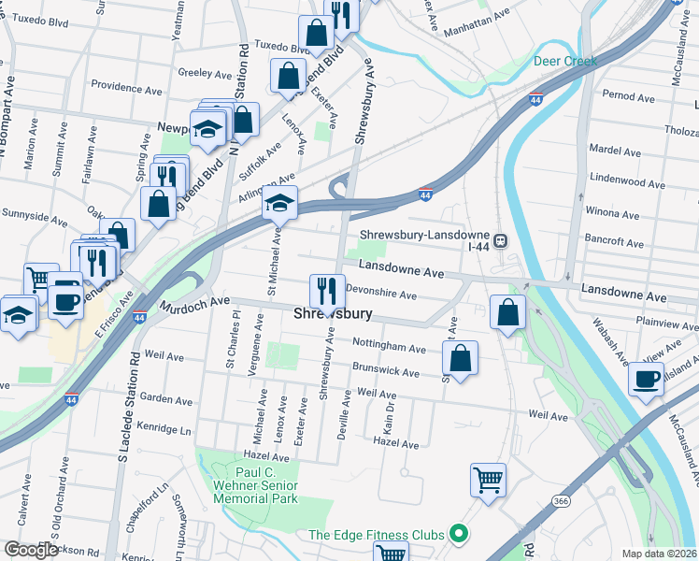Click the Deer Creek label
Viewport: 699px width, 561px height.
(564, 61)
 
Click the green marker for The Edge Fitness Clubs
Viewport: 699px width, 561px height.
(458, 535)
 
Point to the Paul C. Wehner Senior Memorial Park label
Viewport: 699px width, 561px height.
(253, 485)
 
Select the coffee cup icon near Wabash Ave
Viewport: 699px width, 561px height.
(646, 379)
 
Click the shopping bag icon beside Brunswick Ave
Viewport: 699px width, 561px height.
(460, 357)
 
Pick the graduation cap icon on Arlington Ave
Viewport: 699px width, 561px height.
(278, 202)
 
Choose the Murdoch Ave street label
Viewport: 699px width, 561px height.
(194, 303)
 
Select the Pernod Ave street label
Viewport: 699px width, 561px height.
(628, 96)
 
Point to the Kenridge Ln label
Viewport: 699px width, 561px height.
(164, 430)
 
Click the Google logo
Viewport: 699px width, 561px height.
(31, 550)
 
